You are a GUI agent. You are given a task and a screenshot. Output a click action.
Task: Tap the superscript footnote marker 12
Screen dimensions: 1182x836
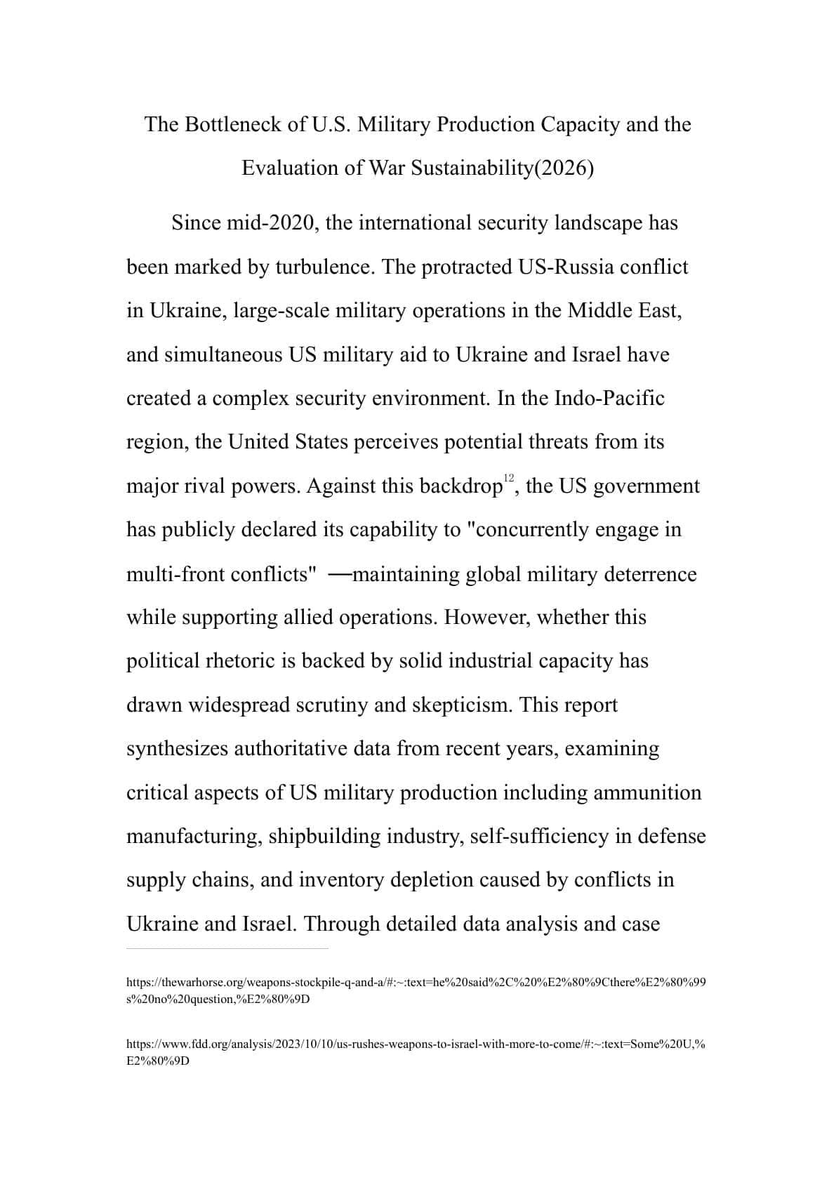click(509, 477)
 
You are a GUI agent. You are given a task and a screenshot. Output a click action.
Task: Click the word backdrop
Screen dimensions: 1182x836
click(460, 486)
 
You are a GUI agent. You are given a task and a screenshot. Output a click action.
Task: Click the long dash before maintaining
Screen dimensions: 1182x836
click(340, 574)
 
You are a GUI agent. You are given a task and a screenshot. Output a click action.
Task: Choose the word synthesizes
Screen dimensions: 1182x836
click(177, 749)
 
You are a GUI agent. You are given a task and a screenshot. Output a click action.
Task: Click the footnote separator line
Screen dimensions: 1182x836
click(227, 949)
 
